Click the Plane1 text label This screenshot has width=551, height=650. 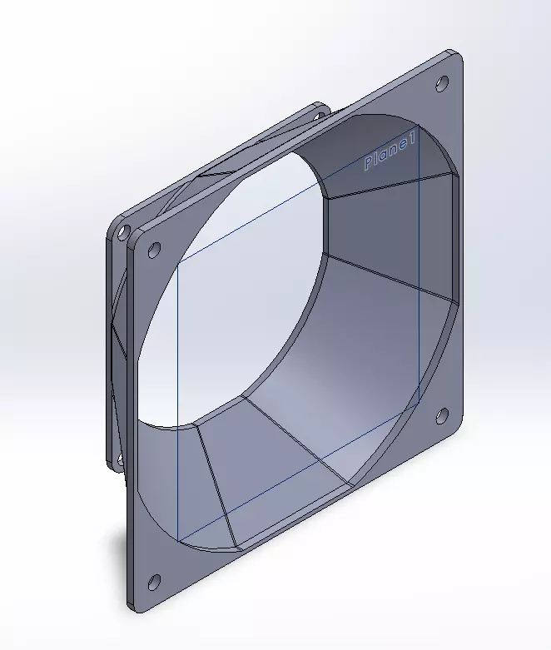click(389, 151)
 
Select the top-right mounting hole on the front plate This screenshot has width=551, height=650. click(442, 82)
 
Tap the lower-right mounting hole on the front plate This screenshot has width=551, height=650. click(442, 414)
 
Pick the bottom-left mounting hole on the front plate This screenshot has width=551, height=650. click(152, 581)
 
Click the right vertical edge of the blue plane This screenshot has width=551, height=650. click(419, 275)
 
